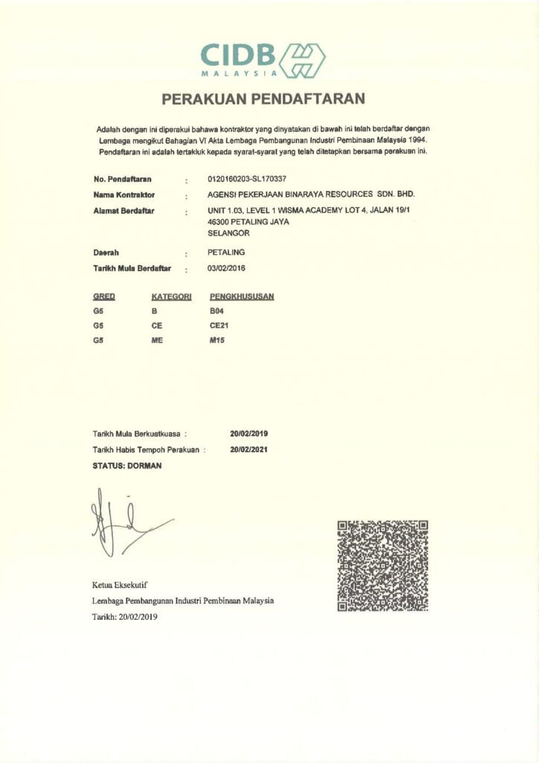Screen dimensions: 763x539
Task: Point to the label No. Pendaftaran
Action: pos(123,180)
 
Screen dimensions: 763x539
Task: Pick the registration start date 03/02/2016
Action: pos(226,267)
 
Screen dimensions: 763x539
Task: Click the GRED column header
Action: pos(103,297)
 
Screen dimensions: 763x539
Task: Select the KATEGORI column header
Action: pos(167,297)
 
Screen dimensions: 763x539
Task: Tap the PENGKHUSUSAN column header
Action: pos(242,297)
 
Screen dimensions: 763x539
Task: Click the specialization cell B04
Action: pos(217,311)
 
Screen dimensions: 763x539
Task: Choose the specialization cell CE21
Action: pos(220,325)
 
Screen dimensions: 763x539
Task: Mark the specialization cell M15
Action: pos(217,340)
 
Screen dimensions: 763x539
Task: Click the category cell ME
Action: pos(156,340)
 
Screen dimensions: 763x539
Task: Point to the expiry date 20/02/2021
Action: pos(249,450)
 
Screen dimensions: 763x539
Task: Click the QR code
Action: pos(383,566)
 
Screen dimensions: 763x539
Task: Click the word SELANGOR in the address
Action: pos(228,233)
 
